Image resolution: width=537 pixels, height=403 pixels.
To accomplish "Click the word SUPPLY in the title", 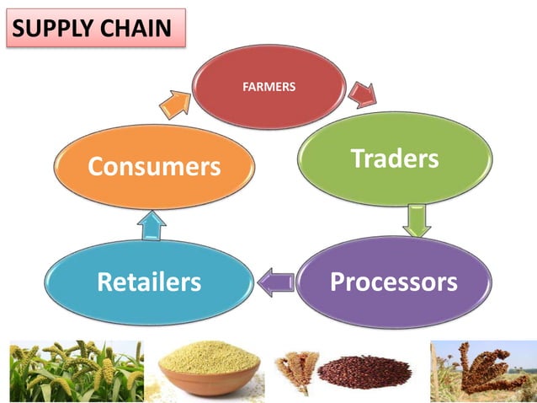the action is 53,28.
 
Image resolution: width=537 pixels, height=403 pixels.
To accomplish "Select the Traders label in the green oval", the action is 395,159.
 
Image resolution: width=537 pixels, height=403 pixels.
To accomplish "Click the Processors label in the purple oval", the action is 394,281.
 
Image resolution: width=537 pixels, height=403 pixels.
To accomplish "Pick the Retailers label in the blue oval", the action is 149,282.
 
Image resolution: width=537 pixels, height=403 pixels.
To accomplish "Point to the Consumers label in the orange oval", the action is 154,167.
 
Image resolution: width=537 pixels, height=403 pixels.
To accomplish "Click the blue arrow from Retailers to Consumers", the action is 152,224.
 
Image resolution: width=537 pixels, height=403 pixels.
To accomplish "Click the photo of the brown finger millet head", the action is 480,370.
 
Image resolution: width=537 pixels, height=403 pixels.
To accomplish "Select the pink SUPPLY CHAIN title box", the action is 94,28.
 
